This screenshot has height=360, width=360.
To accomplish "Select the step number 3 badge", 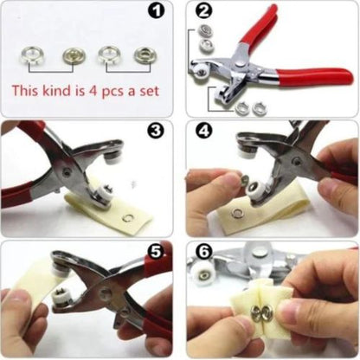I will click(156, 132).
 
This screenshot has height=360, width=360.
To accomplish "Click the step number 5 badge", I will click(157, 252).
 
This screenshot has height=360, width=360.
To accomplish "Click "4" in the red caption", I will click(96, 90).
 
